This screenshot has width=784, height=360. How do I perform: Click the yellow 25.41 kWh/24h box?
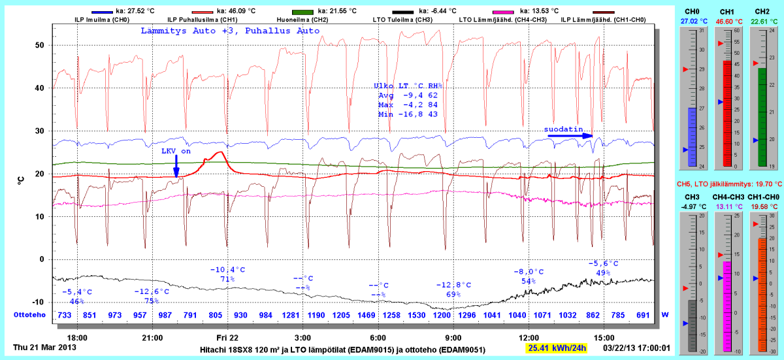(x=557, y=348)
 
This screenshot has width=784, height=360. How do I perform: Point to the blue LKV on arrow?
(x=176, y=165)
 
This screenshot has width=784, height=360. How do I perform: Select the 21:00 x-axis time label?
(x=152, y=337)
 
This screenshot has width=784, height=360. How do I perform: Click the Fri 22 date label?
(x=227, y=337)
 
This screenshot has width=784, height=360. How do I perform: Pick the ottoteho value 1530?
(x=417, y=316)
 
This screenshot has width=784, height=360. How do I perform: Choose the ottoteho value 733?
(x=65, y=316)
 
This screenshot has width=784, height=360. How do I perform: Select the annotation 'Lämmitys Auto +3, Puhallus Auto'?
(x=230, y=31)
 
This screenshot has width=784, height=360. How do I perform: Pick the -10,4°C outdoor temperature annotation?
(x=227, y=269)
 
